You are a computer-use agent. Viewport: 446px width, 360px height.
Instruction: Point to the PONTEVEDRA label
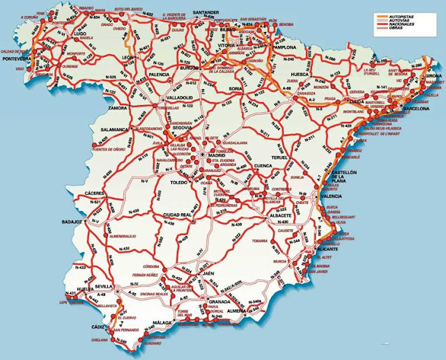(x=21, y=60)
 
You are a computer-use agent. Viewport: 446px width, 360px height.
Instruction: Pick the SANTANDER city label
(x=210, y=13)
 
